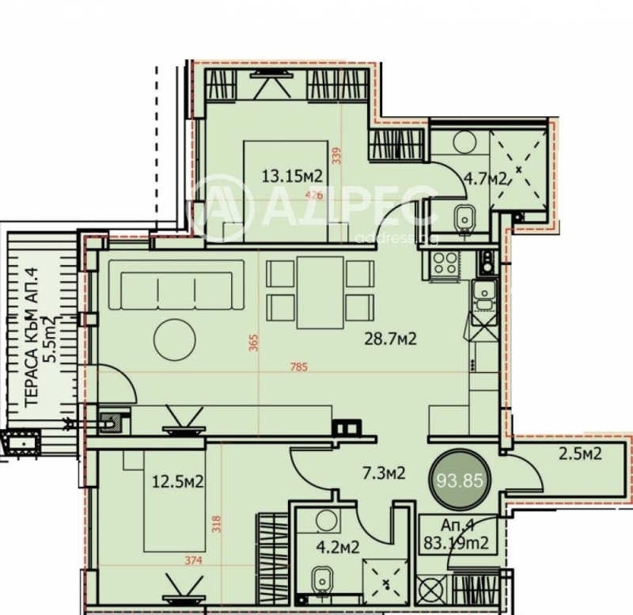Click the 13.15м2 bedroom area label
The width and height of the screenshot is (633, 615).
(292, 176)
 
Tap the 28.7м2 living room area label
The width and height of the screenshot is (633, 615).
(389, 339)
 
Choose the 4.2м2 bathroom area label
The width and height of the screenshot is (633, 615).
(340, 547)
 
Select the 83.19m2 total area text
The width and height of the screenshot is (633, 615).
(457, 543)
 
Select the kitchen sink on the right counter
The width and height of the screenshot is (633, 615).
(482, 294)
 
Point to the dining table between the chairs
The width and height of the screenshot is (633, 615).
(320, 291)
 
